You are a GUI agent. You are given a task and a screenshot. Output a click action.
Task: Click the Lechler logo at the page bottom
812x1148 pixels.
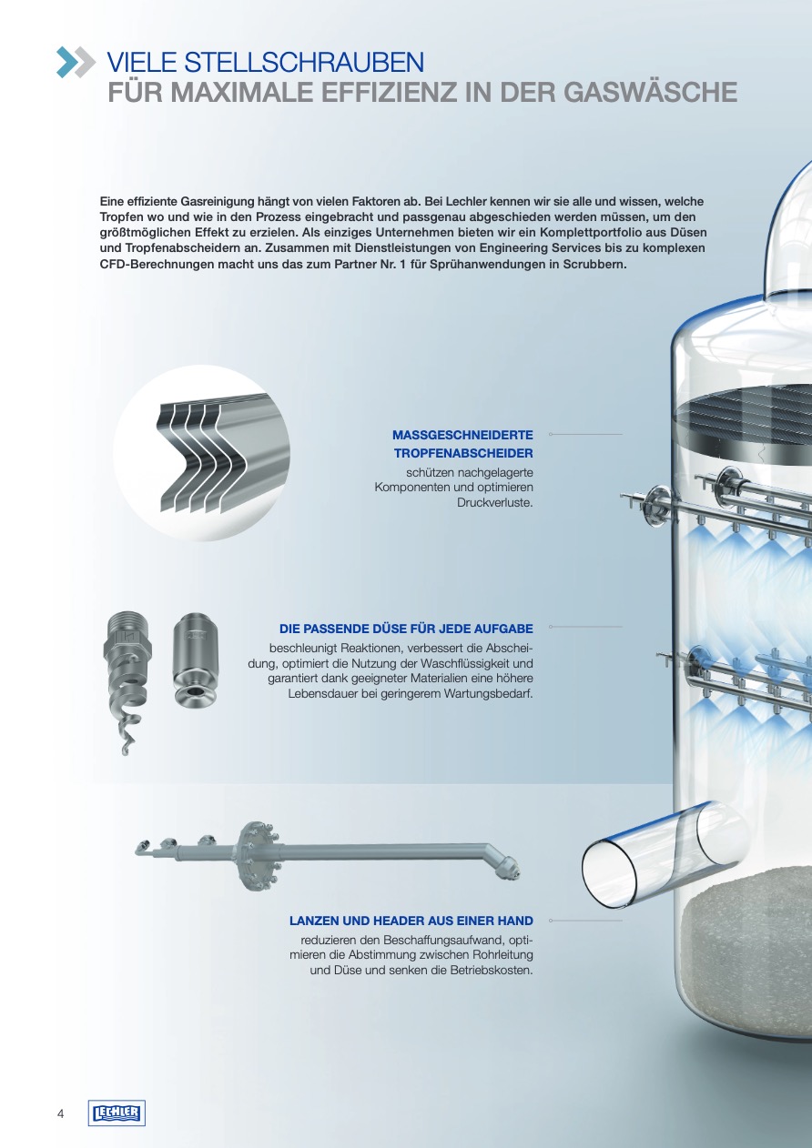[117, 1113]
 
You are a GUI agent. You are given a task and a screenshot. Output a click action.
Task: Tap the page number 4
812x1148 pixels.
[60, 1113]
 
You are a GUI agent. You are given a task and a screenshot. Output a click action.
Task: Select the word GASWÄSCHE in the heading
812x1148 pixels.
[650, 92]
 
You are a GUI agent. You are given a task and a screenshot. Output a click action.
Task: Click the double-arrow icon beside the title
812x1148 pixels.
[76, 62]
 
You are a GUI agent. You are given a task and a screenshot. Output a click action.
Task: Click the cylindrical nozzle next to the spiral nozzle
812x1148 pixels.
[195, 660]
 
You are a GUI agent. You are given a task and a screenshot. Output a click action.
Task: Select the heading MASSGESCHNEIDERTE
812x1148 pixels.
[462, 435]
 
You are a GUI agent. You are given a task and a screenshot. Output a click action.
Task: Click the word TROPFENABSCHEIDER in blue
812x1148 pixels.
[463, 453]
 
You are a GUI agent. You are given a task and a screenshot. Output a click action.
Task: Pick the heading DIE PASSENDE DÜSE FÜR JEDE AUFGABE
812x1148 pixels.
[406, 629]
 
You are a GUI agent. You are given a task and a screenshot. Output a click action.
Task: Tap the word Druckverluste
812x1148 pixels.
[495, 502]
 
